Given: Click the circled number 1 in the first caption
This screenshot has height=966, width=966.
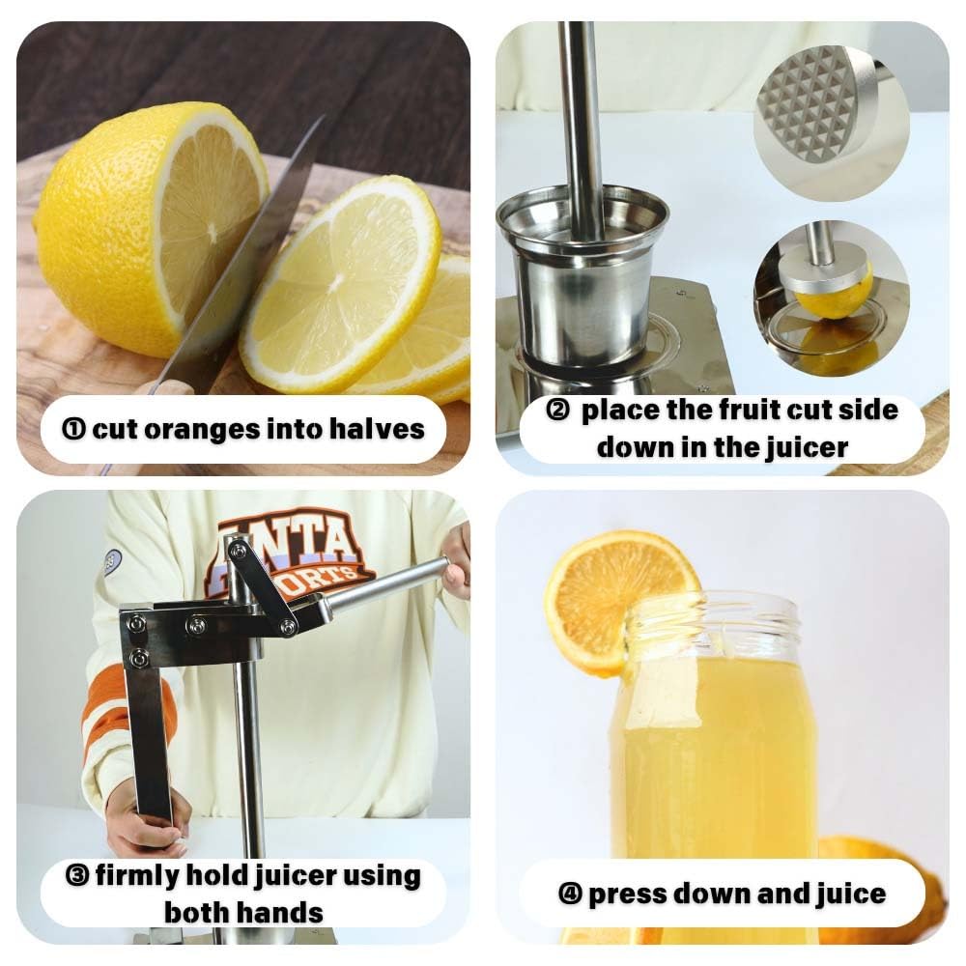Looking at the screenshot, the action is pyautogui.click(x=73, y=430).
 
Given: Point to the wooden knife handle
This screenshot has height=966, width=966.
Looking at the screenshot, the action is pyautogui.click(x=161, y=389).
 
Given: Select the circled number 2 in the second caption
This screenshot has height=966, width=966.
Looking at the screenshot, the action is pyautogui.click(x=557, y=410).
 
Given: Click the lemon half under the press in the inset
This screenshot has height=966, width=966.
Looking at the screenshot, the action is pyautogui.click(x=833, y=295).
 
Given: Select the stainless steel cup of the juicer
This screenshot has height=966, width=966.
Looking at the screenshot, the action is pyautogui.click(x=582, y=276).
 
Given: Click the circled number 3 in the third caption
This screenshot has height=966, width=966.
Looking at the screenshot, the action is pyautogui.click(x=77, y=875).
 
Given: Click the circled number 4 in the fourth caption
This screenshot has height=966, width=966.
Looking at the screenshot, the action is pyautogui.click(x=570, y=894).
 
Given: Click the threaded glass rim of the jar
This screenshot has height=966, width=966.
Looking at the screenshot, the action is pyautogui.click(x=714, y=623).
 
